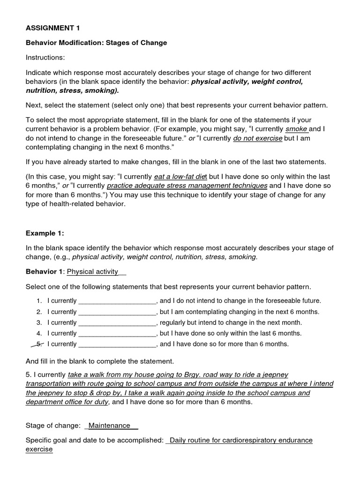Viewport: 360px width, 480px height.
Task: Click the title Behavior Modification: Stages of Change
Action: click(96, 43)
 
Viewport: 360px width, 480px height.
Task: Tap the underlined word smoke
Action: click(296, 128)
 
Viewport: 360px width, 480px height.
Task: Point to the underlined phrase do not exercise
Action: click(257, 138)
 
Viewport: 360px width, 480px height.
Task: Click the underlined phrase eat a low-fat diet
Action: click(180, 177)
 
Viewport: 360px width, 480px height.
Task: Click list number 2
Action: click(39, 312)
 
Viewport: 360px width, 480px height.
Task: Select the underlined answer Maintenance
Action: click(110, 426)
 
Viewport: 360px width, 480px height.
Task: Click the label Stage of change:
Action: click(53, 426)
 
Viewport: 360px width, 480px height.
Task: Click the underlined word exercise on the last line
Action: click(39, 450)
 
